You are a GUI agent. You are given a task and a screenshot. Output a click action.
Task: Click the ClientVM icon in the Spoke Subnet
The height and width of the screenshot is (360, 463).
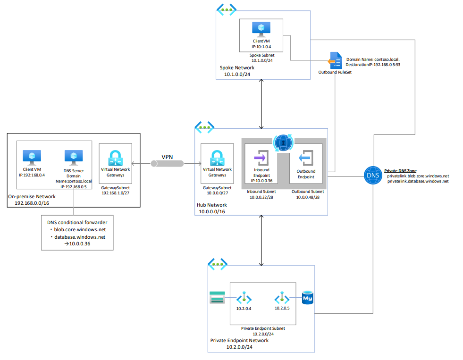[261, 28]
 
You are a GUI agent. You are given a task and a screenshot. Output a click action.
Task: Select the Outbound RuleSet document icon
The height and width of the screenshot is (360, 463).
[335, 61]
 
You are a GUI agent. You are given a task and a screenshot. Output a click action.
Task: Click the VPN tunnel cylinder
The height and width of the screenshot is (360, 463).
[167, 163]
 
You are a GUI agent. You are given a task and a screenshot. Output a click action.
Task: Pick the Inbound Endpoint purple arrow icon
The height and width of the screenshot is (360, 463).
[261, 157]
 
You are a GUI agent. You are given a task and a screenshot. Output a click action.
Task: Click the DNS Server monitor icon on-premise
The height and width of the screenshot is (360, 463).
[74, 157]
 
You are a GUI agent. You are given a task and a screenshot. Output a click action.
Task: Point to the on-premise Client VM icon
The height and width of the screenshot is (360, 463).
[32, 157]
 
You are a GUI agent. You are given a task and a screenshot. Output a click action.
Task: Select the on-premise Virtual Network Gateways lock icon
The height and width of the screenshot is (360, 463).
[115, 158]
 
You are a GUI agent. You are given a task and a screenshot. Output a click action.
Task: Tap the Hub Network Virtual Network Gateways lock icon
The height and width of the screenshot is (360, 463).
[217, 158]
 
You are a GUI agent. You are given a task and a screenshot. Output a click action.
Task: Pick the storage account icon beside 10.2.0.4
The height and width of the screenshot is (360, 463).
[217, 298]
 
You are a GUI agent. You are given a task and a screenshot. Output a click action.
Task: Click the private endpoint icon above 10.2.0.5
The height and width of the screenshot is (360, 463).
[282, 298]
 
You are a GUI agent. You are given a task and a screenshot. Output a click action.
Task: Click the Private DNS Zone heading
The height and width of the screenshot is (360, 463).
[400, 170]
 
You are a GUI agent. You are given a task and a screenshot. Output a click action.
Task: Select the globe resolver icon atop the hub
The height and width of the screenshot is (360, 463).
[283, 141]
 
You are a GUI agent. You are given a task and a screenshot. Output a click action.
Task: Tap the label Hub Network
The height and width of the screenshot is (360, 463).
[211, 205]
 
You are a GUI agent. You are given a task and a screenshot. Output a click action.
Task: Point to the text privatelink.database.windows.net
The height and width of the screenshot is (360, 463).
[417, 181]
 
